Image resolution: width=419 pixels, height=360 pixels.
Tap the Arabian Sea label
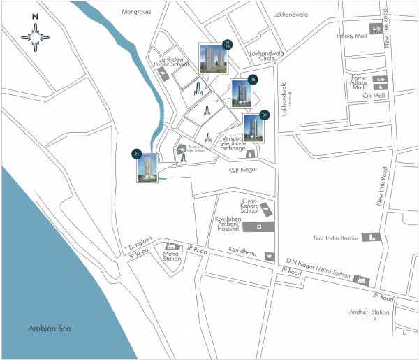pos(47,328)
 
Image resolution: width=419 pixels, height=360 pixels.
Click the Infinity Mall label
pos(351,36)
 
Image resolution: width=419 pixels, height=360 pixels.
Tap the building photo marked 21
pos(147,168)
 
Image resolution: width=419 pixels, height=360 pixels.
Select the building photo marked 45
pos(241,94)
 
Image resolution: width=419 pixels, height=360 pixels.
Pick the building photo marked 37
pos(253,128)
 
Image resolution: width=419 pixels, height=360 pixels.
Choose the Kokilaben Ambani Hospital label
pos(233,224)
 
